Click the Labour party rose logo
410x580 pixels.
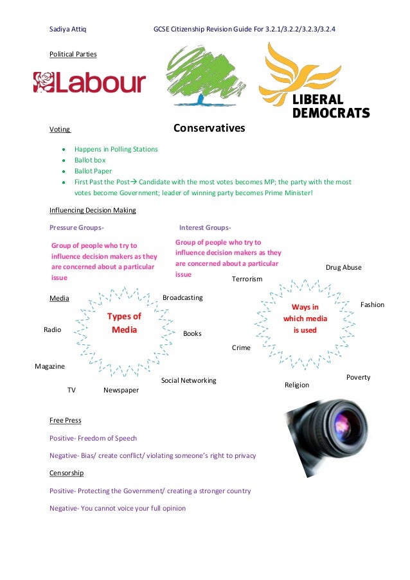pos(45,82)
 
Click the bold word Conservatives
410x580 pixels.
pos(209,128)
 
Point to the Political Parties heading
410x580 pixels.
pos(73,55)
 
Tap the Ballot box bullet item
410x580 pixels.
pos(90,160)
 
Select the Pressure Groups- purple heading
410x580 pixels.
pos(77,227)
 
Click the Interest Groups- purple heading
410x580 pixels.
pos(205,227)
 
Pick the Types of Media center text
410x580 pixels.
pos(124,323)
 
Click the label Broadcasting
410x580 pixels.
pos(183,298)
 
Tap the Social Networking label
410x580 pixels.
pos(188,380)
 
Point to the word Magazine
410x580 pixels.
pos(49,366)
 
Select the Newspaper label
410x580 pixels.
pos(121,390)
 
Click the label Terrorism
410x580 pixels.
pos(247,279)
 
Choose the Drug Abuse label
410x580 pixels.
pos(344,267)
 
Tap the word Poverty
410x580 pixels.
pos(358,377)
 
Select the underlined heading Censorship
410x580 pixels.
pos(67,473)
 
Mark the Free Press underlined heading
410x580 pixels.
pos(66,420)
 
